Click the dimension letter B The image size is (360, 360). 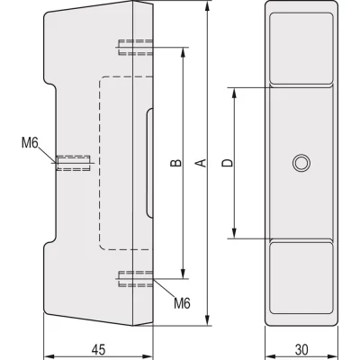[x=176, y=163]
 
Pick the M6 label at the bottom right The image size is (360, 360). [x=182, y=301]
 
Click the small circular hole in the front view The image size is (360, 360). [x=301, y=162]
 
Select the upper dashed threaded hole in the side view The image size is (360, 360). [x=132, y=47]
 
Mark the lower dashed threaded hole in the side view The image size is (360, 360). [x=132, y=279]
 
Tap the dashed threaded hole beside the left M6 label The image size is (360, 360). [x=75, y=162]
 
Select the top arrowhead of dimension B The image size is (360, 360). [x=184, y=51]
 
